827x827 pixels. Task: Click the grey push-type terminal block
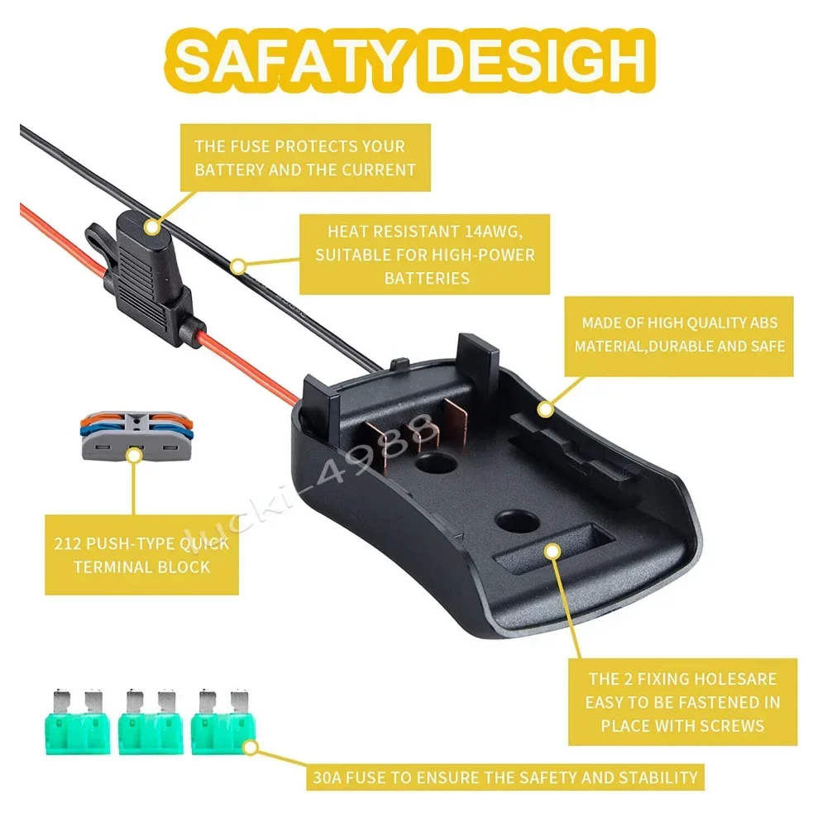point(132,437)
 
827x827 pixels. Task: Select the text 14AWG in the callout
point(494,232)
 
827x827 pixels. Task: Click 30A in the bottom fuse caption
point(332,777)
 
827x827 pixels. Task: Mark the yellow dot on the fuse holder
point(151,224)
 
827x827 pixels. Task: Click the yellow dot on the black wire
point(237,266)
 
